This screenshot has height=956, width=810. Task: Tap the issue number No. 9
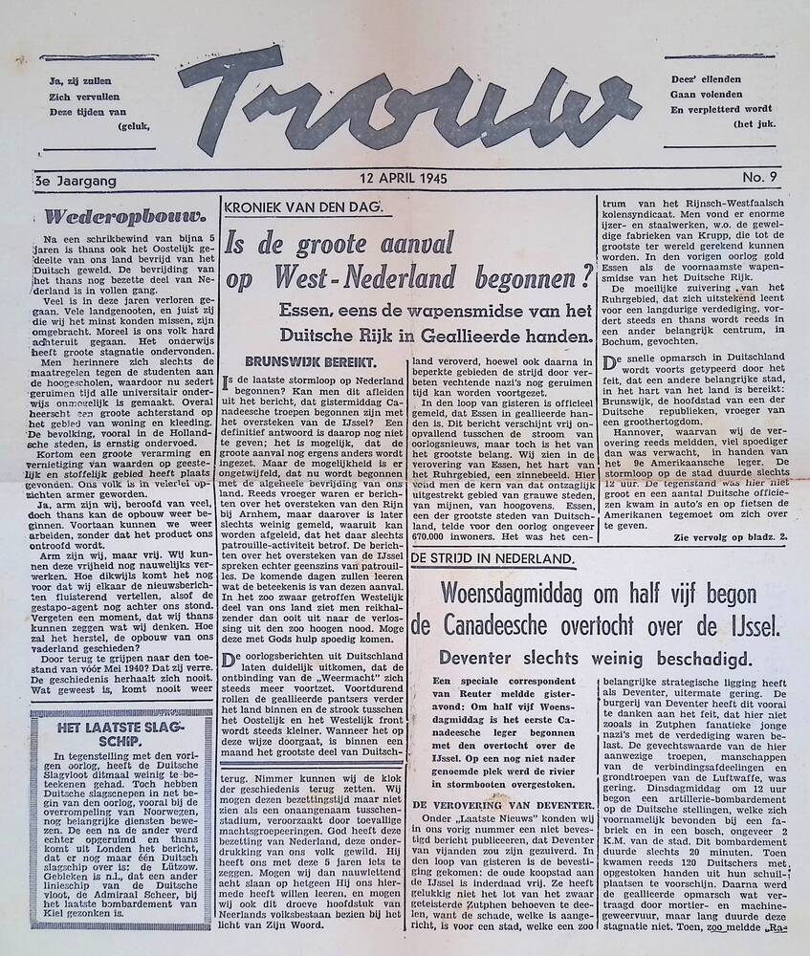click(760, 179)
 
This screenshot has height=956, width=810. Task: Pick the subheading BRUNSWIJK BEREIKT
click(297, 361)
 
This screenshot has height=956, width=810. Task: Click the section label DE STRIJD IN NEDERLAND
click(493, 558)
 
